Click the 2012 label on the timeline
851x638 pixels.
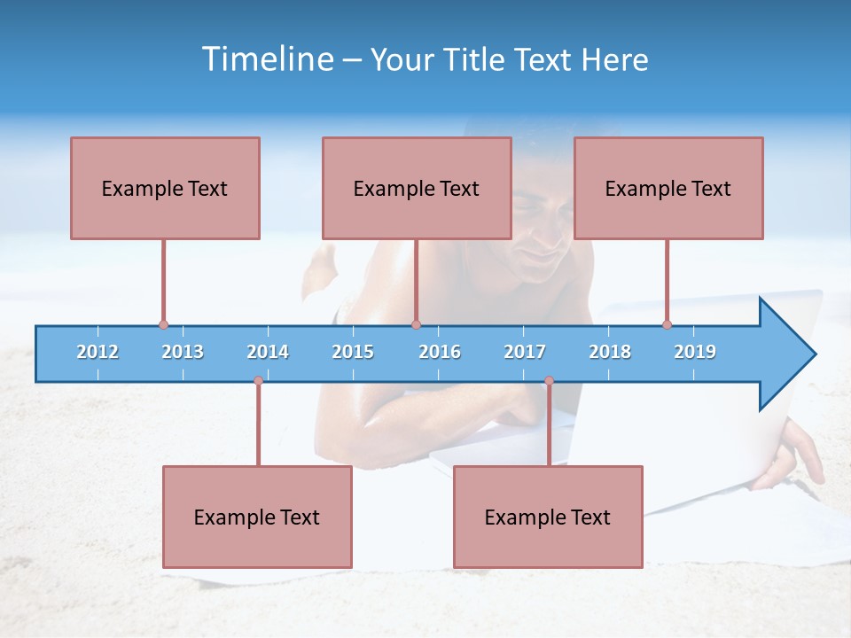(98, 352)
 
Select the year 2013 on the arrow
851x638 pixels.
(183, 352)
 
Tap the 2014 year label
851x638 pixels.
(268, 352)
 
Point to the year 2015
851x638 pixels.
(353, 352)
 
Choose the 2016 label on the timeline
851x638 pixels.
(440, 352)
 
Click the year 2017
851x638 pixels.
(525, 352)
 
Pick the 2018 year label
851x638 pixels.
(610, 352)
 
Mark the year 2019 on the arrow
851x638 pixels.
(695, 352)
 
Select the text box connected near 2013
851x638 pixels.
(165, 188)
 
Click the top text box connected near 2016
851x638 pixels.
(417, 188)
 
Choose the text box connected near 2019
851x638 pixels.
(668, 188)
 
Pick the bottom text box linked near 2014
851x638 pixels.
(257, 517)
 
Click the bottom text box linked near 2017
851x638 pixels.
(548, 517)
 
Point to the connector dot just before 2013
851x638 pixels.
(163, 324)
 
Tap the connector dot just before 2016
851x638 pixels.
(416, 324)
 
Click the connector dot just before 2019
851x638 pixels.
(667, 324)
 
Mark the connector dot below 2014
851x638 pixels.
(258, 380)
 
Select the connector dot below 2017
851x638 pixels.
(549, 380)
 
